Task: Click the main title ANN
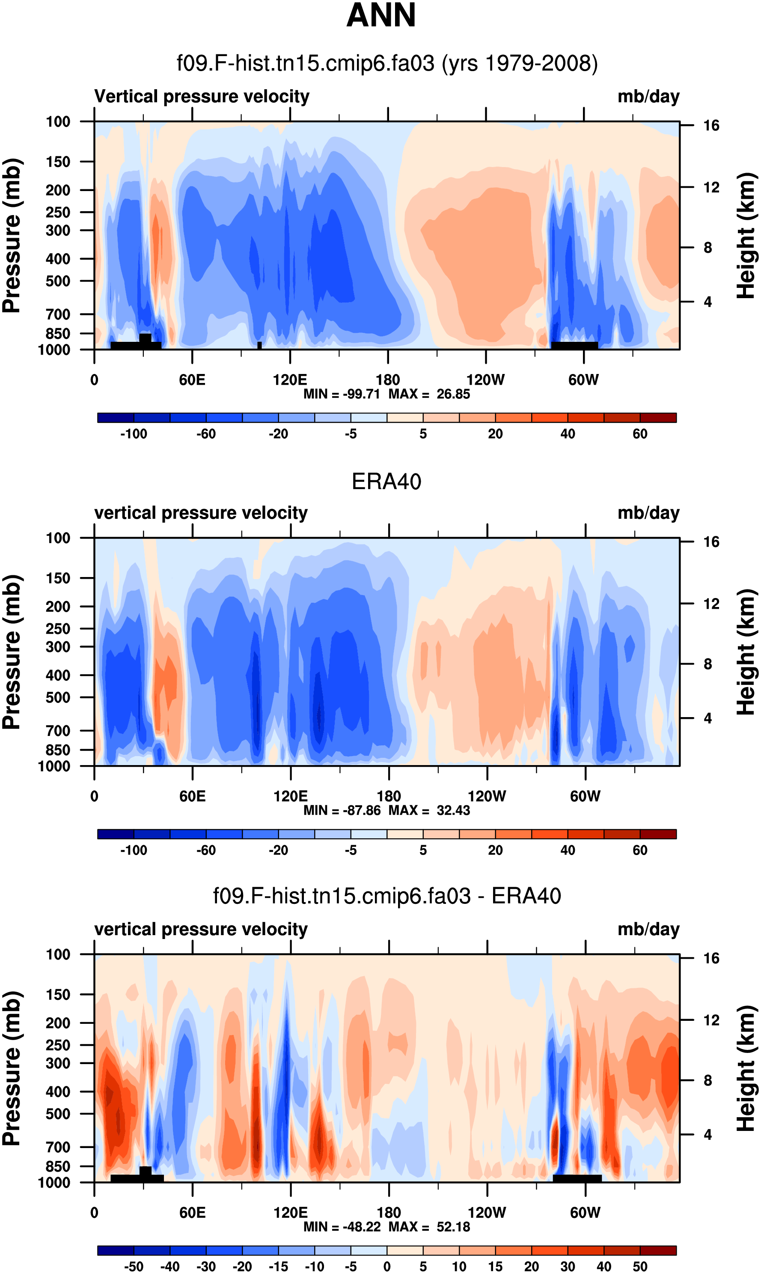(380, 15)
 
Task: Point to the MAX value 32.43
(453, 810)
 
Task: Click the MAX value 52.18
(453, 1226)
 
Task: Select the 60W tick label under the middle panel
(585, 796)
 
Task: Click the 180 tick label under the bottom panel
(388, 1212)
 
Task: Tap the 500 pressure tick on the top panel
(58, 281)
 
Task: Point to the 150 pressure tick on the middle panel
(58, 578)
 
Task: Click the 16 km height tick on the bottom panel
(711, 958)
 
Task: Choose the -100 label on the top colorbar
(134, 434)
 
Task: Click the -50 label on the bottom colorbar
(134, 1266)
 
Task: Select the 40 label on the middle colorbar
(567, 850)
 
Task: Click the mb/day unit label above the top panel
(648, 96)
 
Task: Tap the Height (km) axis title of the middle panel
(746, 652)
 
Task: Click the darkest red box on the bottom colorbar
(658, 1250)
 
